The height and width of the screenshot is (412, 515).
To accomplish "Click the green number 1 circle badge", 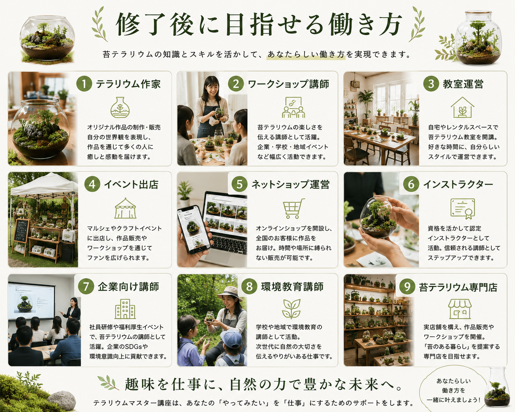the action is pos(84,83).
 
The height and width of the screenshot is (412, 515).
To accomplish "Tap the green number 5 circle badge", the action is pos(240,184).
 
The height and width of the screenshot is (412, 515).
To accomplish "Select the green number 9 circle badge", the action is pos(407,286).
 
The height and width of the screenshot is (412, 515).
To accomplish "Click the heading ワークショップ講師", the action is pos(288,84).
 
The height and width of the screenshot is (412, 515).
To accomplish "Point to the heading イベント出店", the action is pos(131,184).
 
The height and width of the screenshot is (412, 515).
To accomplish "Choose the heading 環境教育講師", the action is pos(292,287).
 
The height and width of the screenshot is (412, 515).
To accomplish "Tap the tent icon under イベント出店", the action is pos(125,208).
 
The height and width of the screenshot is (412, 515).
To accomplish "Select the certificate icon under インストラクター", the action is pos(462,209).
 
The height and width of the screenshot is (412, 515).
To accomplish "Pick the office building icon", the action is pos(125,309).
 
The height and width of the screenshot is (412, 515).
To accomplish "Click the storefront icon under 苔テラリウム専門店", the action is pos(460,309).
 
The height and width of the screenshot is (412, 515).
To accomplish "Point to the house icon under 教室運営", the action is pos(462,108).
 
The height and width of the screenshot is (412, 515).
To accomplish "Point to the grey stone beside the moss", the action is pos(61,400).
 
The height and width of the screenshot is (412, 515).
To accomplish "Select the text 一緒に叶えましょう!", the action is pos(454,400).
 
